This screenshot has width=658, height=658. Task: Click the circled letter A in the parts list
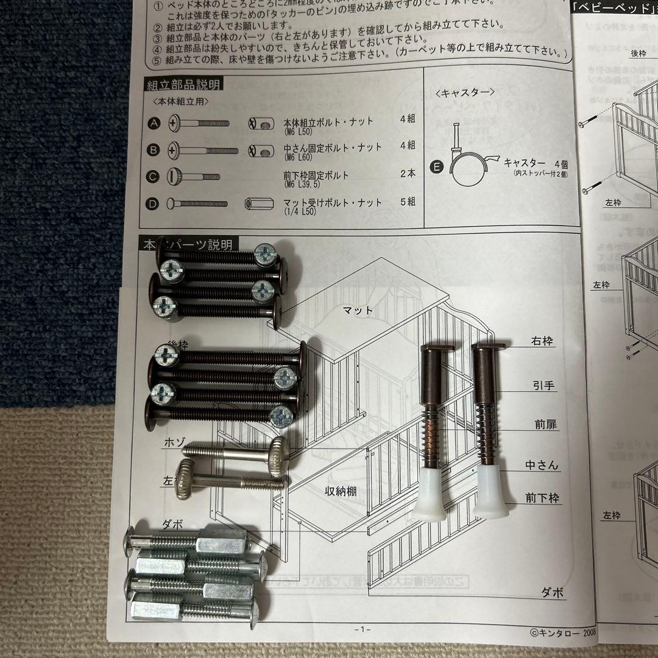pyautogui.click(x=154, y=124)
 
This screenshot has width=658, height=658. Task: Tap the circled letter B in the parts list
pyautogui.click(x=154, y=150)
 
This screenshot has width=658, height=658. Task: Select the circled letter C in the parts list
pyautogui.click(x=154, y=177)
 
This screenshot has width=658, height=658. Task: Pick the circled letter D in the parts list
pyautogui.click(x=154, y=203)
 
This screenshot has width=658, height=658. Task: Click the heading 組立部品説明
pyautogui.click(x=183, y=85)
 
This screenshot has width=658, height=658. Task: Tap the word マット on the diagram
pyautogui.click(x=357, y=310)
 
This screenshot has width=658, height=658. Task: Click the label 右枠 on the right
pyautogui.click(x=542, y=341)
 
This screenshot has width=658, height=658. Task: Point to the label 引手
pyautogui.click(x=542, y=385)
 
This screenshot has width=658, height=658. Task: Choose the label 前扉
pyautogui.click(x=542, y=425)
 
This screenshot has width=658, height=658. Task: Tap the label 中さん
pyautogui.click(x=542, y=465)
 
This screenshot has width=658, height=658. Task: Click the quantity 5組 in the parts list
pyautogui.click(x=407, y=202)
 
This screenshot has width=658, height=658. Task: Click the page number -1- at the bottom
pyautogui.click(x=362, y=629)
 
